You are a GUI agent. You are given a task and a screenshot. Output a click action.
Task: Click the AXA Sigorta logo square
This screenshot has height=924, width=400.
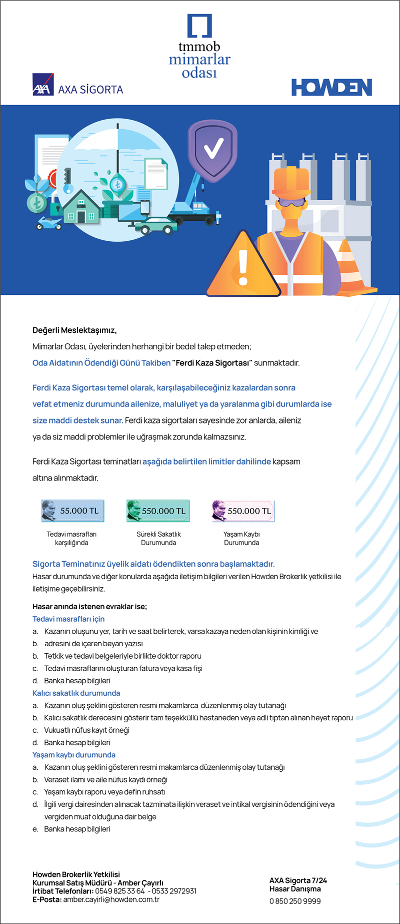tap(42, 84)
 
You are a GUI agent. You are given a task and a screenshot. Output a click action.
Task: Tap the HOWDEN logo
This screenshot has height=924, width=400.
tap(331, 87)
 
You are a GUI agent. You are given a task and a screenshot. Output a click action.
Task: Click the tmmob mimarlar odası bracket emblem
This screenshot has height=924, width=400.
tap(199, 26)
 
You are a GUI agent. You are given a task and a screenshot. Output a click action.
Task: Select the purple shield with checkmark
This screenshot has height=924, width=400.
tap(212, 148)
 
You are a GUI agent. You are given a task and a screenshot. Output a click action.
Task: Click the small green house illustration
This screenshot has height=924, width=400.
tap(81, 208)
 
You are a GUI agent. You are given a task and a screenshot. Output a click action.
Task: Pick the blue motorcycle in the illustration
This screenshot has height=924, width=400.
tap(49, 223)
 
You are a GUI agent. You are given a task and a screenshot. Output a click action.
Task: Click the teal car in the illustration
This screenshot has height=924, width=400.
tap(158, 226)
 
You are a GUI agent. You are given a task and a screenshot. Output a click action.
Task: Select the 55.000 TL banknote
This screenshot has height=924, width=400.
tap(72, 511)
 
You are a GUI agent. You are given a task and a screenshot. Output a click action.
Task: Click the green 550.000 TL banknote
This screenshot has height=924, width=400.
tap(158, 511)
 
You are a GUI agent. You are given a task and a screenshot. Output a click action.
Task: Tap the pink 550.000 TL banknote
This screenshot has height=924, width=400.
tap(243, 511)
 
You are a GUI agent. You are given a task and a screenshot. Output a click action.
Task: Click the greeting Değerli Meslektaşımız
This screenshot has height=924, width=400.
tap(74, 330)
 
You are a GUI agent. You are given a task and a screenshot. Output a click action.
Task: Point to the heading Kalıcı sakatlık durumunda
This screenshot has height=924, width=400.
tap(76, 693)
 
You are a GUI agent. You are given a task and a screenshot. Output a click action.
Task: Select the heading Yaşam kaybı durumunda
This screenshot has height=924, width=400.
tap(74, 755)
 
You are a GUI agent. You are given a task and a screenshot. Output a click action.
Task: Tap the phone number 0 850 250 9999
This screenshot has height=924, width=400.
tap(295, 901)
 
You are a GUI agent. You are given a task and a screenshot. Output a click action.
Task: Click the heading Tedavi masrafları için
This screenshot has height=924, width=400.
tap(68, 619)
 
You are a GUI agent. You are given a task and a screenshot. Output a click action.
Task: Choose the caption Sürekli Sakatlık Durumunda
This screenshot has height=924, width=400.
tap(158, 538)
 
